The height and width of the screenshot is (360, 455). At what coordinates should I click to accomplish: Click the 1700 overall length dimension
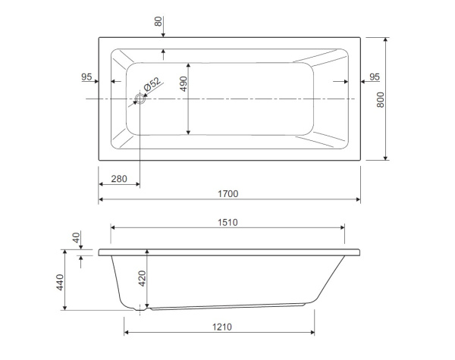(x=228, y=194)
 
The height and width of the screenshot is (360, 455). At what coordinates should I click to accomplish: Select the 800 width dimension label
(x=381, y=100)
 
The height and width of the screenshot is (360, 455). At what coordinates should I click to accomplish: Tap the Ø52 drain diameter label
(x=152, y=84)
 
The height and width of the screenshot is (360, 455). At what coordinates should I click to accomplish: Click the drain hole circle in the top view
(x=140, y=99)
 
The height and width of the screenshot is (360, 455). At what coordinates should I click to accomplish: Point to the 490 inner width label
(x=184, y=84)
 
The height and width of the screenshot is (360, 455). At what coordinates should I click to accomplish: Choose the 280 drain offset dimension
(x=119, y=179)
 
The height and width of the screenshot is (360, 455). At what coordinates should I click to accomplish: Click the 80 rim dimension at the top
(x=158, y=21)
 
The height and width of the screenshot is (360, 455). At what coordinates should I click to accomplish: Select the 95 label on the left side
(x=86, y=77)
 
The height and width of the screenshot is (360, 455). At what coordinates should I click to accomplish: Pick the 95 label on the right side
(x=375, y=77)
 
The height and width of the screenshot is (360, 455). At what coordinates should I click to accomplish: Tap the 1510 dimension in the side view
(x=227, y=223)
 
